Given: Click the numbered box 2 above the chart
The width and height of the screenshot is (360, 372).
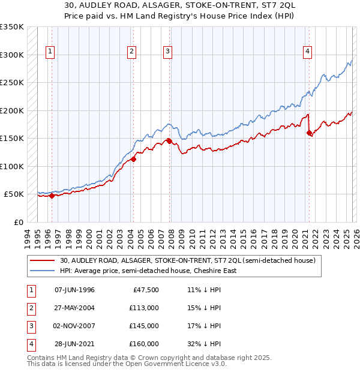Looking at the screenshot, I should (131, 52).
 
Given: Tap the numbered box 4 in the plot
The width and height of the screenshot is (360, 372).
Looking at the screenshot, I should (307, 52).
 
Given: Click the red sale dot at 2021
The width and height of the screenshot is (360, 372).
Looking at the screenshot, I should (310, 133).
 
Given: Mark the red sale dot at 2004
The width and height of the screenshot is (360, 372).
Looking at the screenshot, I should (134, 159).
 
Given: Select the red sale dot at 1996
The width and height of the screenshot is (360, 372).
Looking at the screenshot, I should (52, 196).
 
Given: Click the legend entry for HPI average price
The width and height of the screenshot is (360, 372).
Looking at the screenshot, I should (148, 271).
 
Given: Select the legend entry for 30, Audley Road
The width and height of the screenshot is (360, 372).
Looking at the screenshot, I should (191, 260).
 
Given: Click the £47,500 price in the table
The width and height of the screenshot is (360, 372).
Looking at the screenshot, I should (144, 290).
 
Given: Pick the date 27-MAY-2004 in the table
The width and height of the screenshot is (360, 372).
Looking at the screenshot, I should (74, 308).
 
